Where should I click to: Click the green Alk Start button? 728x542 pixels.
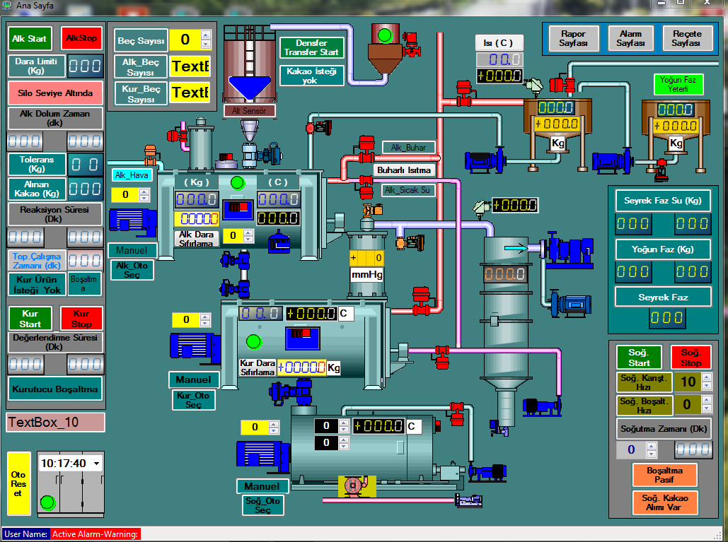click(x=30, y=38)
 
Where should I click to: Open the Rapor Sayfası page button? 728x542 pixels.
click(x=574, y=38)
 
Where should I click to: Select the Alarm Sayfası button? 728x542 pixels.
click(x=630, y=38)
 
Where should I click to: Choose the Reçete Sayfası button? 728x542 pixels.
click(x=687, y=38)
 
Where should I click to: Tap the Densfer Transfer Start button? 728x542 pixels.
click(x=311, y=47)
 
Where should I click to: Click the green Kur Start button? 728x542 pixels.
click(x=30, y=319)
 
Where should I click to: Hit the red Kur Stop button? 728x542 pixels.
click(x=81, y=319)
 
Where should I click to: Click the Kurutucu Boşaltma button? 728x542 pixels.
click(x=55, y=388)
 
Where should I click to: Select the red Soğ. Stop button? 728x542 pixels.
click(x=691, y=358)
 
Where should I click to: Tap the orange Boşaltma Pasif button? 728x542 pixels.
click(x=664, y=475)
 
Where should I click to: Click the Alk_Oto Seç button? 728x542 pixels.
click(x=132, y=270)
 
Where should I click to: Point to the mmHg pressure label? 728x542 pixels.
click(x=367, y=274)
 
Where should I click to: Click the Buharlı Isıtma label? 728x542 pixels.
click(x=403, y=170)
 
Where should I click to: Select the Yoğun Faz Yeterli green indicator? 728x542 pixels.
click(x=678, y=85)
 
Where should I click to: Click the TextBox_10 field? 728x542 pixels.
click(x=55, y=423)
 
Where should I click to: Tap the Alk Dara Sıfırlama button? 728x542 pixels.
click(x=195, y=238)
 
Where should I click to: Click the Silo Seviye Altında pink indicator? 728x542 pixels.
click(x=55, y=93)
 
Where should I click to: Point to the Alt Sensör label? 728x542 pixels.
click(x=249, y=110)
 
